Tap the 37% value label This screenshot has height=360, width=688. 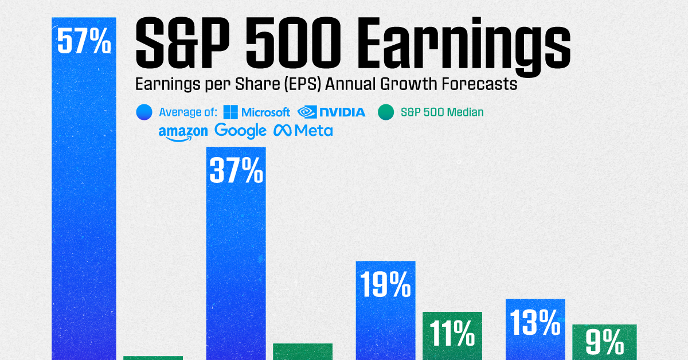[237, 171]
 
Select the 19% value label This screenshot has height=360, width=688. [385, 285]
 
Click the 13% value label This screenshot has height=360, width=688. [535, 323]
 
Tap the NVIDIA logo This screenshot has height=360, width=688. [331, 112]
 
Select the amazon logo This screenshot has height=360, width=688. [183, 132]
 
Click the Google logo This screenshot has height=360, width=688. [240, 131]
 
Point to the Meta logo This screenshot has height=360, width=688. [303, 131]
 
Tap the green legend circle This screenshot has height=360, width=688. [386, 112]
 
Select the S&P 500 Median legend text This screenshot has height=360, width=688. [442, 112]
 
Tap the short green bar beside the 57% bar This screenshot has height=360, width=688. [153, 358]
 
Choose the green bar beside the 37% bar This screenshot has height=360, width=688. [303, 351]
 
